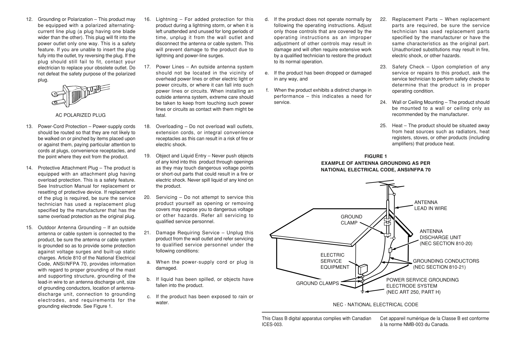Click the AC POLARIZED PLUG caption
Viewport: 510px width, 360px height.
(x=81, y=115)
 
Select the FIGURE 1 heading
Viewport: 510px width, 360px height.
(x=375, y=157)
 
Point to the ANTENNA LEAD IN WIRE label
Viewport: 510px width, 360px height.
(x=430, y=205)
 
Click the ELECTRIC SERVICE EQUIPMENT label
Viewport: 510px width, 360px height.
(x=335, y=261)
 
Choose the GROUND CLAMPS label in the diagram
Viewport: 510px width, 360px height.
(x=317, y=283)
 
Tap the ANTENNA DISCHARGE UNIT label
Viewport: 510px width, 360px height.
(x=446, y=237)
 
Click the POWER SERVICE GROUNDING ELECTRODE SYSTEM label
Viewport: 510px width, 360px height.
(x=422, y=286)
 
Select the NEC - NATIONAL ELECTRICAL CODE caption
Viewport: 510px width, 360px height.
(x=375, y=305)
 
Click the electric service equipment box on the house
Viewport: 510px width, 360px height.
(x=363, y=269)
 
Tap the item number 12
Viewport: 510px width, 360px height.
(x=29, y=19)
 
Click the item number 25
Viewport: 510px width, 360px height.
(x=383, y=126)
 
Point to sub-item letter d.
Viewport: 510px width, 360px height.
(x=266, y=19)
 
